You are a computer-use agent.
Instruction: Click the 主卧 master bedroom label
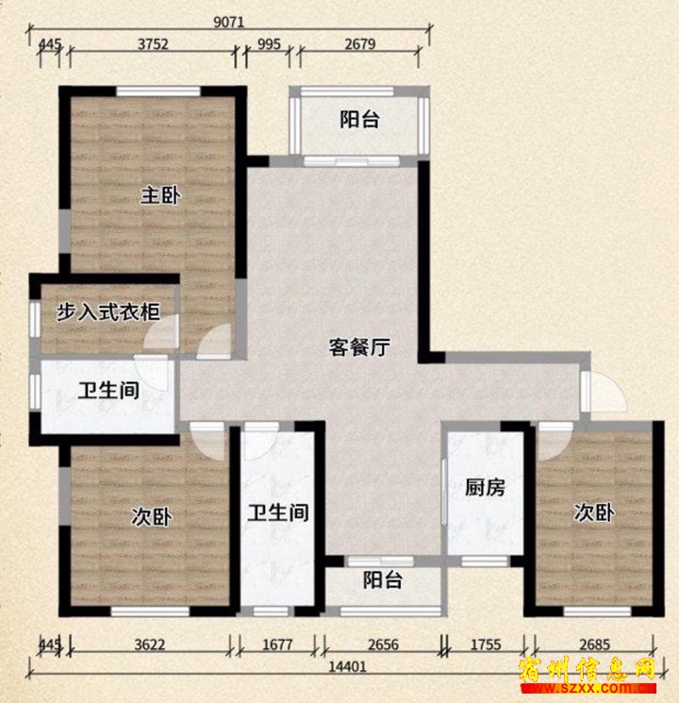pyautogui.click(x=160, y=195)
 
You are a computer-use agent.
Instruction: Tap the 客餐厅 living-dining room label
pyautogui.click(x=359, y=346)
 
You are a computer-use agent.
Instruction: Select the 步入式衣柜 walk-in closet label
pyautogui.click(x=108, y=312)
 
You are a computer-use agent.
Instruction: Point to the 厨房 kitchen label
pyautogui.click(x=485, y=487)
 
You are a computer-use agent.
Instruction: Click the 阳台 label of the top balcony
pyautogui.click(x=359, y=119)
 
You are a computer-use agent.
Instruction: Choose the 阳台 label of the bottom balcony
pyautogui.click(x=382, y=579)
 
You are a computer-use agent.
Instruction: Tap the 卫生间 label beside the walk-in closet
pyautogui.click(x=108, y=390)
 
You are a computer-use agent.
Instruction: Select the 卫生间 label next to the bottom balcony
pyautogui.click(x=278, y=512)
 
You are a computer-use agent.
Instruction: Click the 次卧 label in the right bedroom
pyautogui.click(x=594, y=512)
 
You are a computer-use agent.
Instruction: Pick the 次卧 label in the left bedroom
pyautogui.click(x=151, y=517)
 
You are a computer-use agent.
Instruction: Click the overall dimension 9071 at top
pyautogui.click(x=228, y=22)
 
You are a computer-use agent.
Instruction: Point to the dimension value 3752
pyautogui.click(x=153, y=44)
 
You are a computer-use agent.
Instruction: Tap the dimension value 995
pyautogui.click(x=269, y=44)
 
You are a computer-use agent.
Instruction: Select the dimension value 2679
pyautogui.click(x=360, y=44)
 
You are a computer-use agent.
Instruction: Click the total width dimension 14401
pyautogui.click(x=347, y=667)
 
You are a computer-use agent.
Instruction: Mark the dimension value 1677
pyautogui.click(x=277, y=644)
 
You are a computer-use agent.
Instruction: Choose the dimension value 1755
pyautogui.click(x=486, y=644)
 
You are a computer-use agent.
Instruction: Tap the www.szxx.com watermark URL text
pyautogui.click(x=588, y=687)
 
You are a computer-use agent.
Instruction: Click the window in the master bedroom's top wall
pyautogui.click(x=158, y=92)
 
